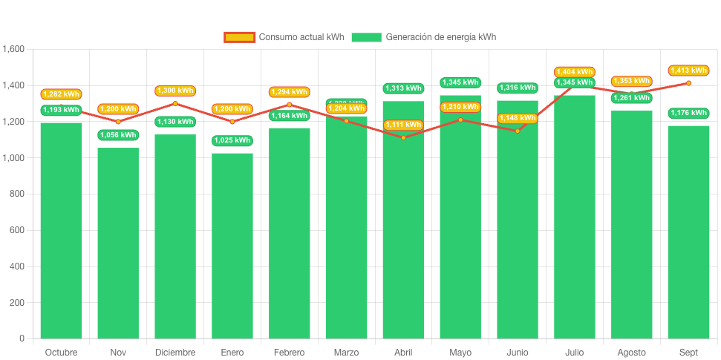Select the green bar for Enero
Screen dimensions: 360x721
point(232,245)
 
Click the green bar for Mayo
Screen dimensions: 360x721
point(460,223)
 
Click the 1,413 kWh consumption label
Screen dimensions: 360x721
point(688,71)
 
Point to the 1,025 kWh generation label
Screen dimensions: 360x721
point(232,140)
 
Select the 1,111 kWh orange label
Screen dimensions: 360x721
point(403,125)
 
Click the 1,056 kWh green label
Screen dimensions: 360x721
point(118,135)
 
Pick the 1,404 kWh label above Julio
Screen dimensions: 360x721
point(574,72)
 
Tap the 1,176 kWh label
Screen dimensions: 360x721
point(688,113)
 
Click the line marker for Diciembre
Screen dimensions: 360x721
point(175,103)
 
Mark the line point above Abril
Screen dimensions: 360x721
point(403,138)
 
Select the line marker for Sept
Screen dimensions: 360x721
point(688,83)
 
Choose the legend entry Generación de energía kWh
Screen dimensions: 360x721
point(423,37)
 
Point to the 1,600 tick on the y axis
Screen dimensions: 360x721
point(14,49)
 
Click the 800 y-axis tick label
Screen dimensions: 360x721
point(17,194)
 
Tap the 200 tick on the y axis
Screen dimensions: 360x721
point(17,303)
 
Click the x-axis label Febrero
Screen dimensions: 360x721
point(289,352)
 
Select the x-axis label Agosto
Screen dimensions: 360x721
point(631,352)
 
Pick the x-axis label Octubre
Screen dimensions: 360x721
point(61,352)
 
